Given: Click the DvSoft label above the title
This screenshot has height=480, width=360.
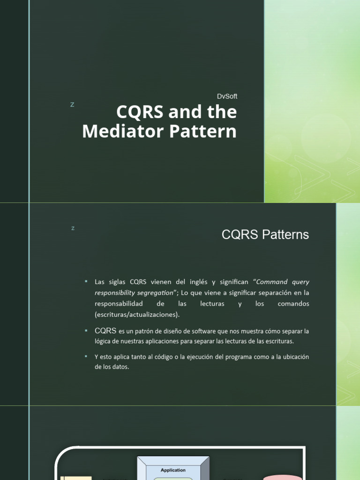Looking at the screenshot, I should (x=227, y=96).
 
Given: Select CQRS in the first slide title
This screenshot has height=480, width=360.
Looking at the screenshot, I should (x=138, y=112).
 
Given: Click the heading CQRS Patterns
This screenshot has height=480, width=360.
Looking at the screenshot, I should (x=265, y=235).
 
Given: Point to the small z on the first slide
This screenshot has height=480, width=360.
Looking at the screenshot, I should (x=72, y=105).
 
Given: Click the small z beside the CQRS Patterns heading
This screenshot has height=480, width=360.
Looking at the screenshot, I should (x=73, y=228).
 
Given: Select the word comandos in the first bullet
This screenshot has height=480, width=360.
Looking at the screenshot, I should (x=294, y=303).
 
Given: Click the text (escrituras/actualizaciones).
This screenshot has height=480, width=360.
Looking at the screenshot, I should (x=137, y=314).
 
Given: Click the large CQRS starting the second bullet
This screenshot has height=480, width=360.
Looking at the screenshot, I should (x=105, y=330).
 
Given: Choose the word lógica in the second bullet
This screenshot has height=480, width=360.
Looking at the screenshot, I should (x=103, y=341).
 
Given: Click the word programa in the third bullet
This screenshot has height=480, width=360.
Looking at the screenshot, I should (x=241, y=357).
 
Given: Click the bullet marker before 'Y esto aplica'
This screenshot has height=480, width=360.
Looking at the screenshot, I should (x=86, y=356).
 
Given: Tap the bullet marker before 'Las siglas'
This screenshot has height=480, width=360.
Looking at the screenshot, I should (x=86, y=281).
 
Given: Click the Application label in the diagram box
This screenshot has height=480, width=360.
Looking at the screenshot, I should (x=173, y=470).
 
